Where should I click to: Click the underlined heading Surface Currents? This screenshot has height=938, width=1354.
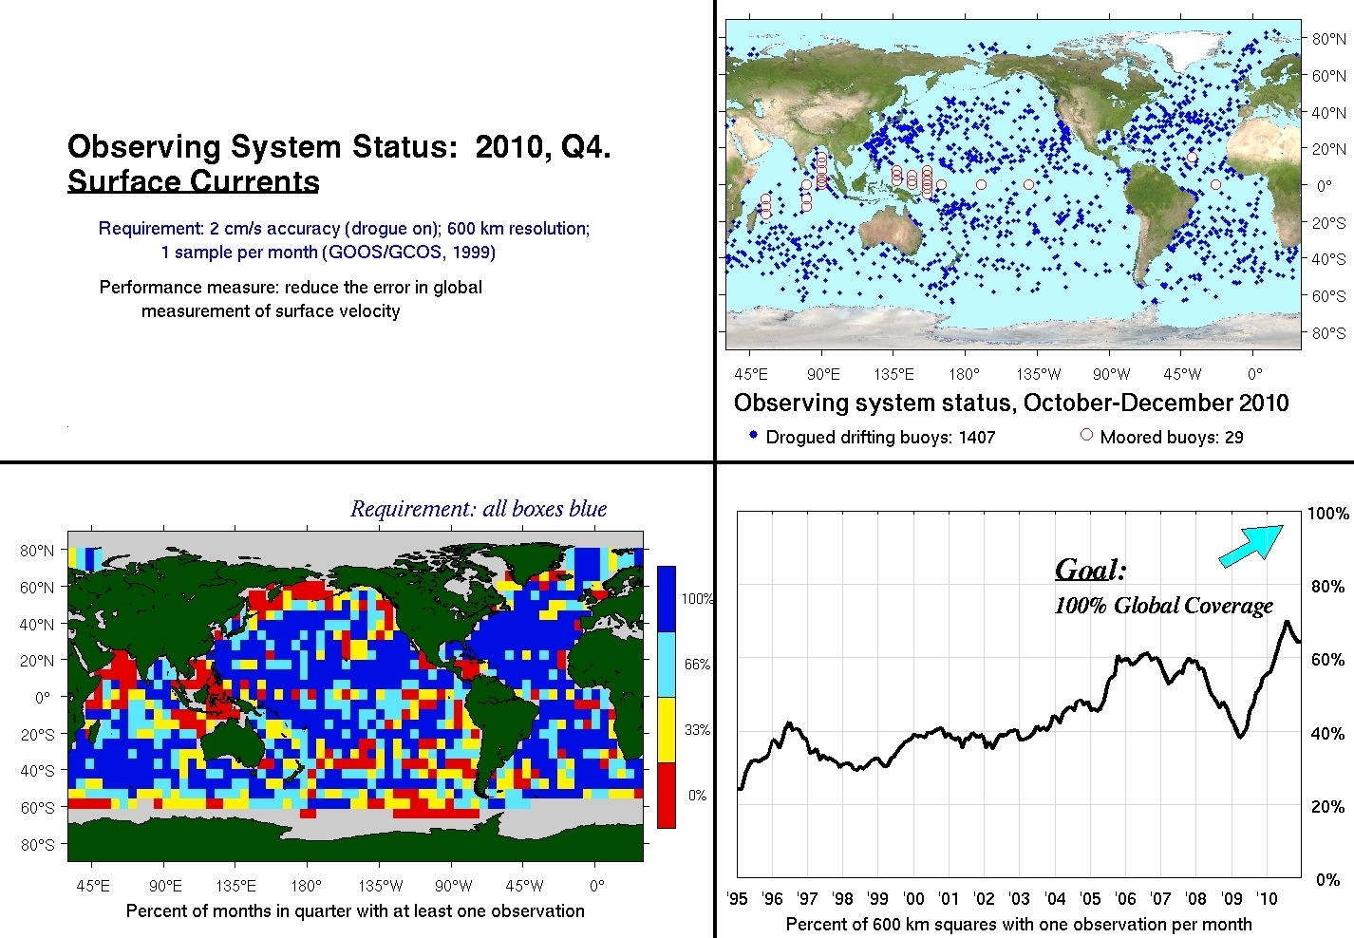pyautogui.click(x=194, y=181)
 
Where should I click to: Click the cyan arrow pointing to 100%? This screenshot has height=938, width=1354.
pyautogui.click(x=1251, y=546)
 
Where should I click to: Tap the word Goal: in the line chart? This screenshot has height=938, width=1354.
pyautogui.click(x=1090, y=570)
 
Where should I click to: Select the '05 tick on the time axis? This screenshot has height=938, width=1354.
pyautogui.click(x=1090, y=899)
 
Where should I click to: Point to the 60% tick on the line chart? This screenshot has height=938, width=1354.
pyautogui.click(x=1327, y=660)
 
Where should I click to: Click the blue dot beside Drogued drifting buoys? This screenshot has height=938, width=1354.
pyautogui.click(x=753, y=435)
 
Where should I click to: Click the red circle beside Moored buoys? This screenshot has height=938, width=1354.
pyautogui.click(x=1086, y=435)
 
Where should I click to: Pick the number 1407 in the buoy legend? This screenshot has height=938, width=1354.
pyautogui.click(x=977, y=437)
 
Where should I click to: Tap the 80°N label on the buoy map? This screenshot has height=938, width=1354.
pyautogui.click(x=1328, y=39)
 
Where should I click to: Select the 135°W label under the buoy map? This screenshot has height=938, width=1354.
pyautogui.click(x=1038, y=374)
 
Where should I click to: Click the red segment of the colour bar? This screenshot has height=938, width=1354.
pyautogui.click(x=667, y=795)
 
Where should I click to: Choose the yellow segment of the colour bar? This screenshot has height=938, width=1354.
pyautogui.click(x=667, y=729)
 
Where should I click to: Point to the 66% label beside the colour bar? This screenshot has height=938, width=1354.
pyautogui.click(x=697, y=665)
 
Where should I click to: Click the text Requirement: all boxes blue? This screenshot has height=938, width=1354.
pyautogui.click(x=479, y=509)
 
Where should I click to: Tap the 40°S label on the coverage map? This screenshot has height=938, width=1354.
pyautogui.click(x=37, y=771)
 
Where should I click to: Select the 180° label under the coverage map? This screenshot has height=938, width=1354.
pyautogui.click(x=307, y=886)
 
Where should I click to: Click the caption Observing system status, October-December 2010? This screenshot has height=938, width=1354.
pyautogui.click(x=1011, y=403)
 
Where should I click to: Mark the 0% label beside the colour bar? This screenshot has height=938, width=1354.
pyautogui.click(x=697, y=795)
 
